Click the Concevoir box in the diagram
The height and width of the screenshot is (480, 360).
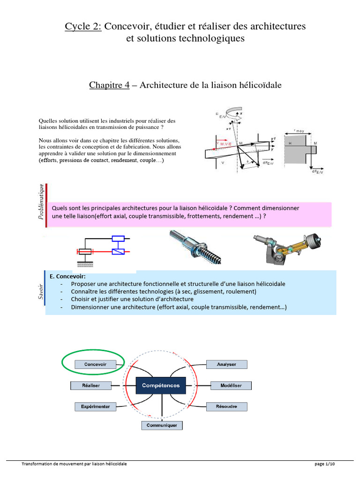pyautogui.click(x=95, y=364)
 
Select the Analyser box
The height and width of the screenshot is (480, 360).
pyautogui.click(x=226, y=364)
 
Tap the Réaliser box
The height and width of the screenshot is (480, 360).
pyautogui.click(x=91, y=385)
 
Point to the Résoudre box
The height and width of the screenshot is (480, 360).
pyautogui.click(x=227, y=406)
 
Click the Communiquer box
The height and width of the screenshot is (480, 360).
pyautogui.click(x=162, y=425)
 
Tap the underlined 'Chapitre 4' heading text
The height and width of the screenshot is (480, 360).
pyautogui.click(x=109, y=85)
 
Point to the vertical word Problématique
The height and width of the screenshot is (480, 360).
pyautogui.click(x=42, y=202)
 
